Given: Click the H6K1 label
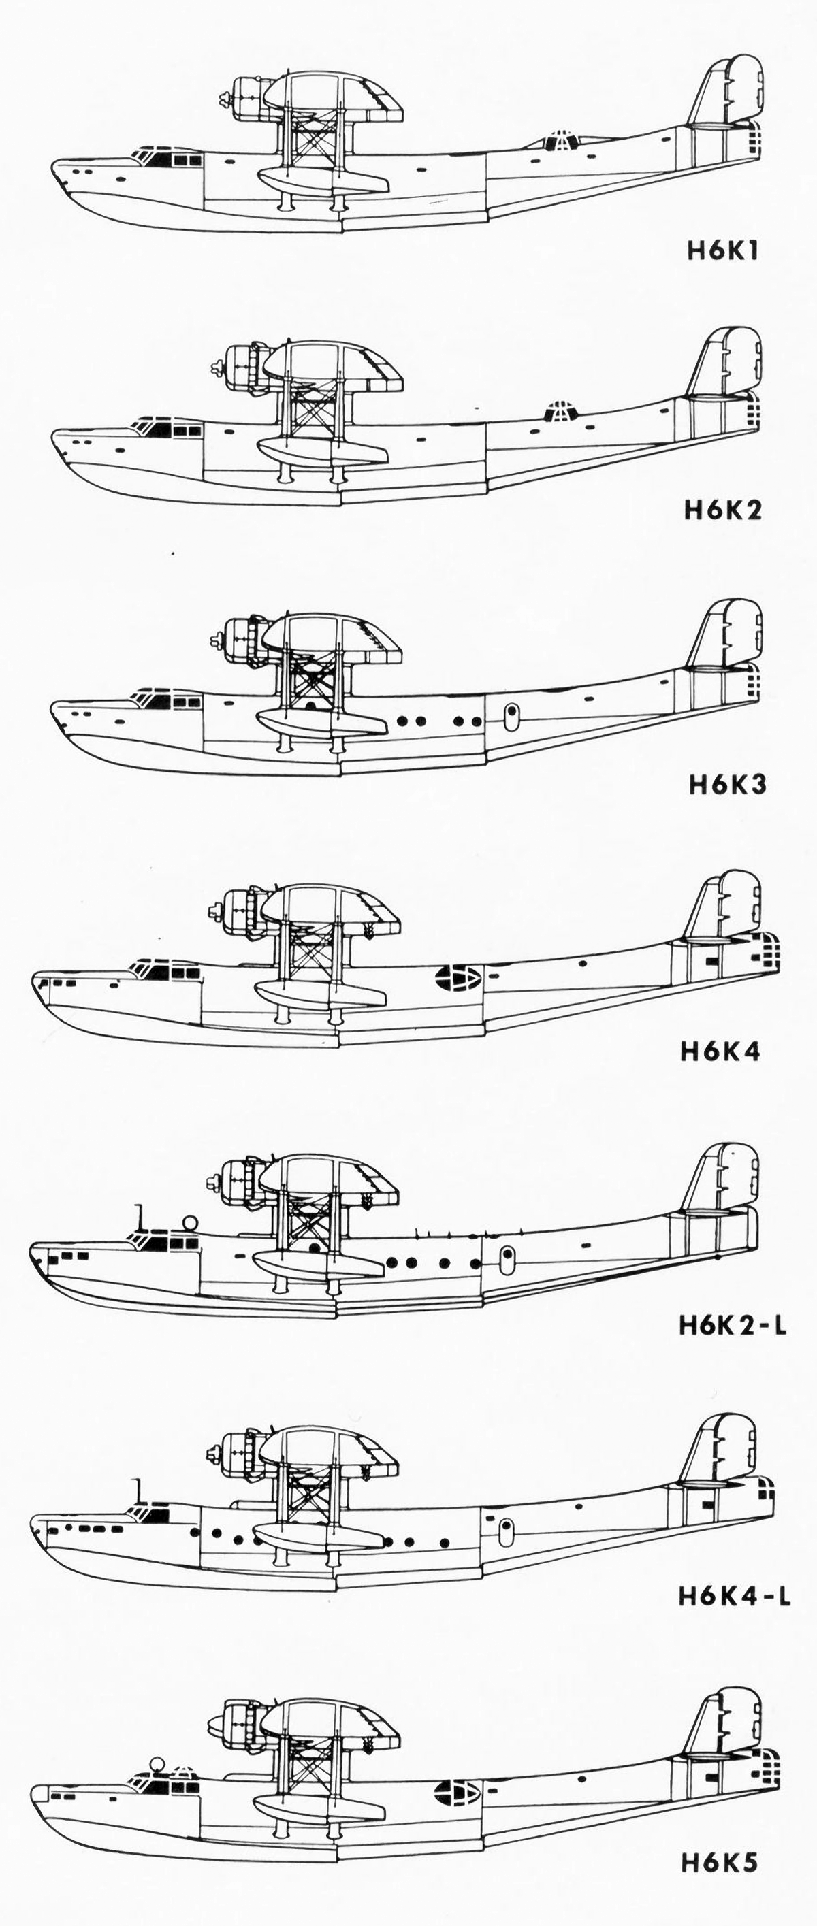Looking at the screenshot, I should (x=723, y=250).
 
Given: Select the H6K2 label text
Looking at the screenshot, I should (x=723, y=510).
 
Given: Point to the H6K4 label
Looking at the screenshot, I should (x=720, y=1052).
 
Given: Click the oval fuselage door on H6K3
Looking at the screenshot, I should (x=511, y=715).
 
